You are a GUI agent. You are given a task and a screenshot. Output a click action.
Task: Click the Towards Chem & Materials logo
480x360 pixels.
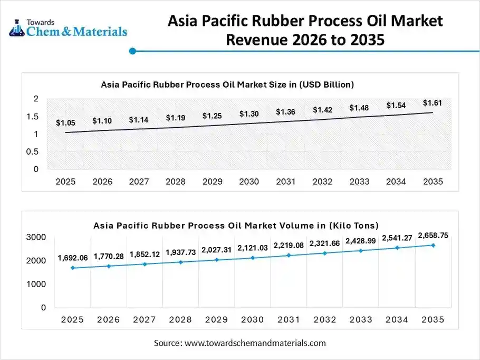coord(69,27)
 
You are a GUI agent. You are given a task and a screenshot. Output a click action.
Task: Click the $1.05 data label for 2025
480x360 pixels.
coord(65,123)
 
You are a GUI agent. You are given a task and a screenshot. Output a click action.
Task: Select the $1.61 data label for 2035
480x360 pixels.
coord(432,103)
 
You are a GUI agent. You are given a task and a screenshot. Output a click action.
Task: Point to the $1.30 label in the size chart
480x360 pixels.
coord(249,114)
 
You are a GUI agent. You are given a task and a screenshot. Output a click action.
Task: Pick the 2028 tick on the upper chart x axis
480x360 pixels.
coord(175,182)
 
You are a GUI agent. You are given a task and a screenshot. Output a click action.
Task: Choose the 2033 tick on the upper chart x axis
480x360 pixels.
coord(359,182)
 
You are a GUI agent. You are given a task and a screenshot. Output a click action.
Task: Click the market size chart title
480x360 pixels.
coord(227,84)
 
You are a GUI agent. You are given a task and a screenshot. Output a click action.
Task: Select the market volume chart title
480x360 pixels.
coord(236,225)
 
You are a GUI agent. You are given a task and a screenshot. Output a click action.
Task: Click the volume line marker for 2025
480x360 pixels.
coord(72,268)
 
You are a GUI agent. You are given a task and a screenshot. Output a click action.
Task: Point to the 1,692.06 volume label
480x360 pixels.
coord(72,259)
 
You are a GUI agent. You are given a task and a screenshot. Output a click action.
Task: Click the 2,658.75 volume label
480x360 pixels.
coord(433,235)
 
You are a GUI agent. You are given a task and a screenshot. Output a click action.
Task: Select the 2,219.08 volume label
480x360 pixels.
coord(289,245)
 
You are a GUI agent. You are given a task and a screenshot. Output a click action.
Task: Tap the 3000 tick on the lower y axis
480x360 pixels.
coord(35,238)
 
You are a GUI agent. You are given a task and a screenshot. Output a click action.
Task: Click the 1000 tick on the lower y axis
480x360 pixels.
coord(35,284)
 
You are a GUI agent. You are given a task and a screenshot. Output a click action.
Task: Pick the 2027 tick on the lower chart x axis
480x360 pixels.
coord(144,320)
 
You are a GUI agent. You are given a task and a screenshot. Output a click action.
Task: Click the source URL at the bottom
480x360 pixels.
coord(255,343)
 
